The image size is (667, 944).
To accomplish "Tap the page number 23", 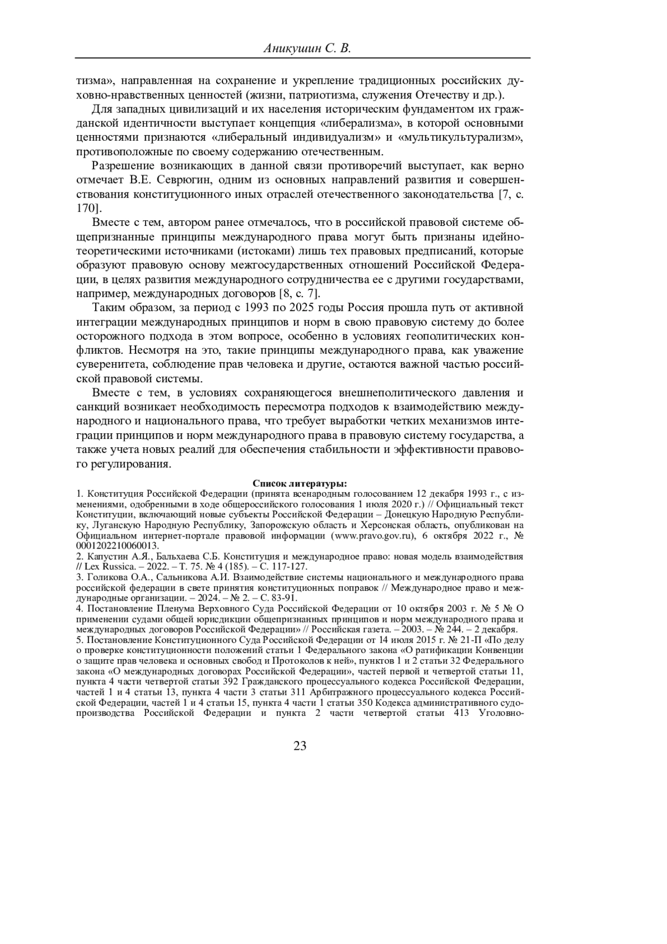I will pos(300,746).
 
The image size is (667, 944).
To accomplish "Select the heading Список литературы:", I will pos(300,483).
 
